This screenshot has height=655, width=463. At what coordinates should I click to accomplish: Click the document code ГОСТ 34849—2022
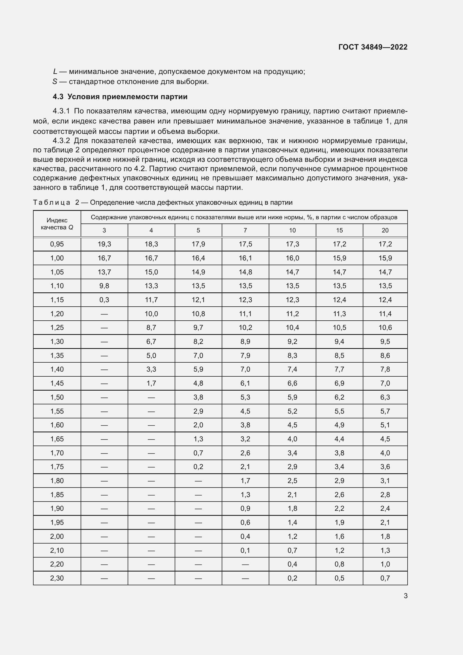[373, 47]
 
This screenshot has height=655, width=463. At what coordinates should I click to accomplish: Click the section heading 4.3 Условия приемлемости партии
[120, 97]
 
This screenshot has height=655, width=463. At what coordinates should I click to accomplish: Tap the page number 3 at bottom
[405, 596]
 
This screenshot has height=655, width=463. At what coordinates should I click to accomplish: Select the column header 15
[339, 230]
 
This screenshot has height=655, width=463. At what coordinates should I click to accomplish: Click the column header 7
[245, 230]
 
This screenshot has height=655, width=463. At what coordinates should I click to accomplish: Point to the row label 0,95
[57, 244]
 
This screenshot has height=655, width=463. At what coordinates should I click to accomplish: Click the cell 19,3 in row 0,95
[104, 244]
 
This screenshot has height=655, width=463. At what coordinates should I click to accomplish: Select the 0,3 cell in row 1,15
[104, 300]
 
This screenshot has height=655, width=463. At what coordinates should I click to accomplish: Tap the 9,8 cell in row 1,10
[104, 286]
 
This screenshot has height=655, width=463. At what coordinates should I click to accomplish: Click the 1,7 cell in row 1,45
[151, 383]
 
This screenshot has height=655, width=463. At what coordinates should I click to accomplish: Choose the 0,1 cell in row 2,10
[245, 550]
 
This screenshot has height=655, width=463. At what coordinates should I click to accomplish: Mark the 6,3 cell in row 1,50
[385, 397]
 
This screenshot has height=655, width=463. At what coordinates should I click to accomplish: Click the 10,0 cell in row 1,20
[151, 314]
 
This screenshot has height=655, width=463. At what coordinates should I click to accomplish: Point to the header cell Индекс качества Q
[57, 224]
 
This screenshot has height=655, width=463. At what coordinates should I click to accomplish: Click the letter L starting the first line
[55, 72]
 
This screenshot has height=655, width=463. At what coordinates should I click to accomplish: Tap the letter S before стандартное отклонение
[55, 82]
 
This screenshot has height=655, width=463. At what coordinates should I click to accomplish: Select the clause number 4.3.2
[61, 141]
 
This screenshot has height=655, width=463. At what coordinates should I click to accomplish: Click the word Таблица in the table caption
[52, 202]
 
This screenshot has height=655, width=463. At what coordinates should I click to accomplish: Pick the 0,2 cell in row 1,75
[198, 467]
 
